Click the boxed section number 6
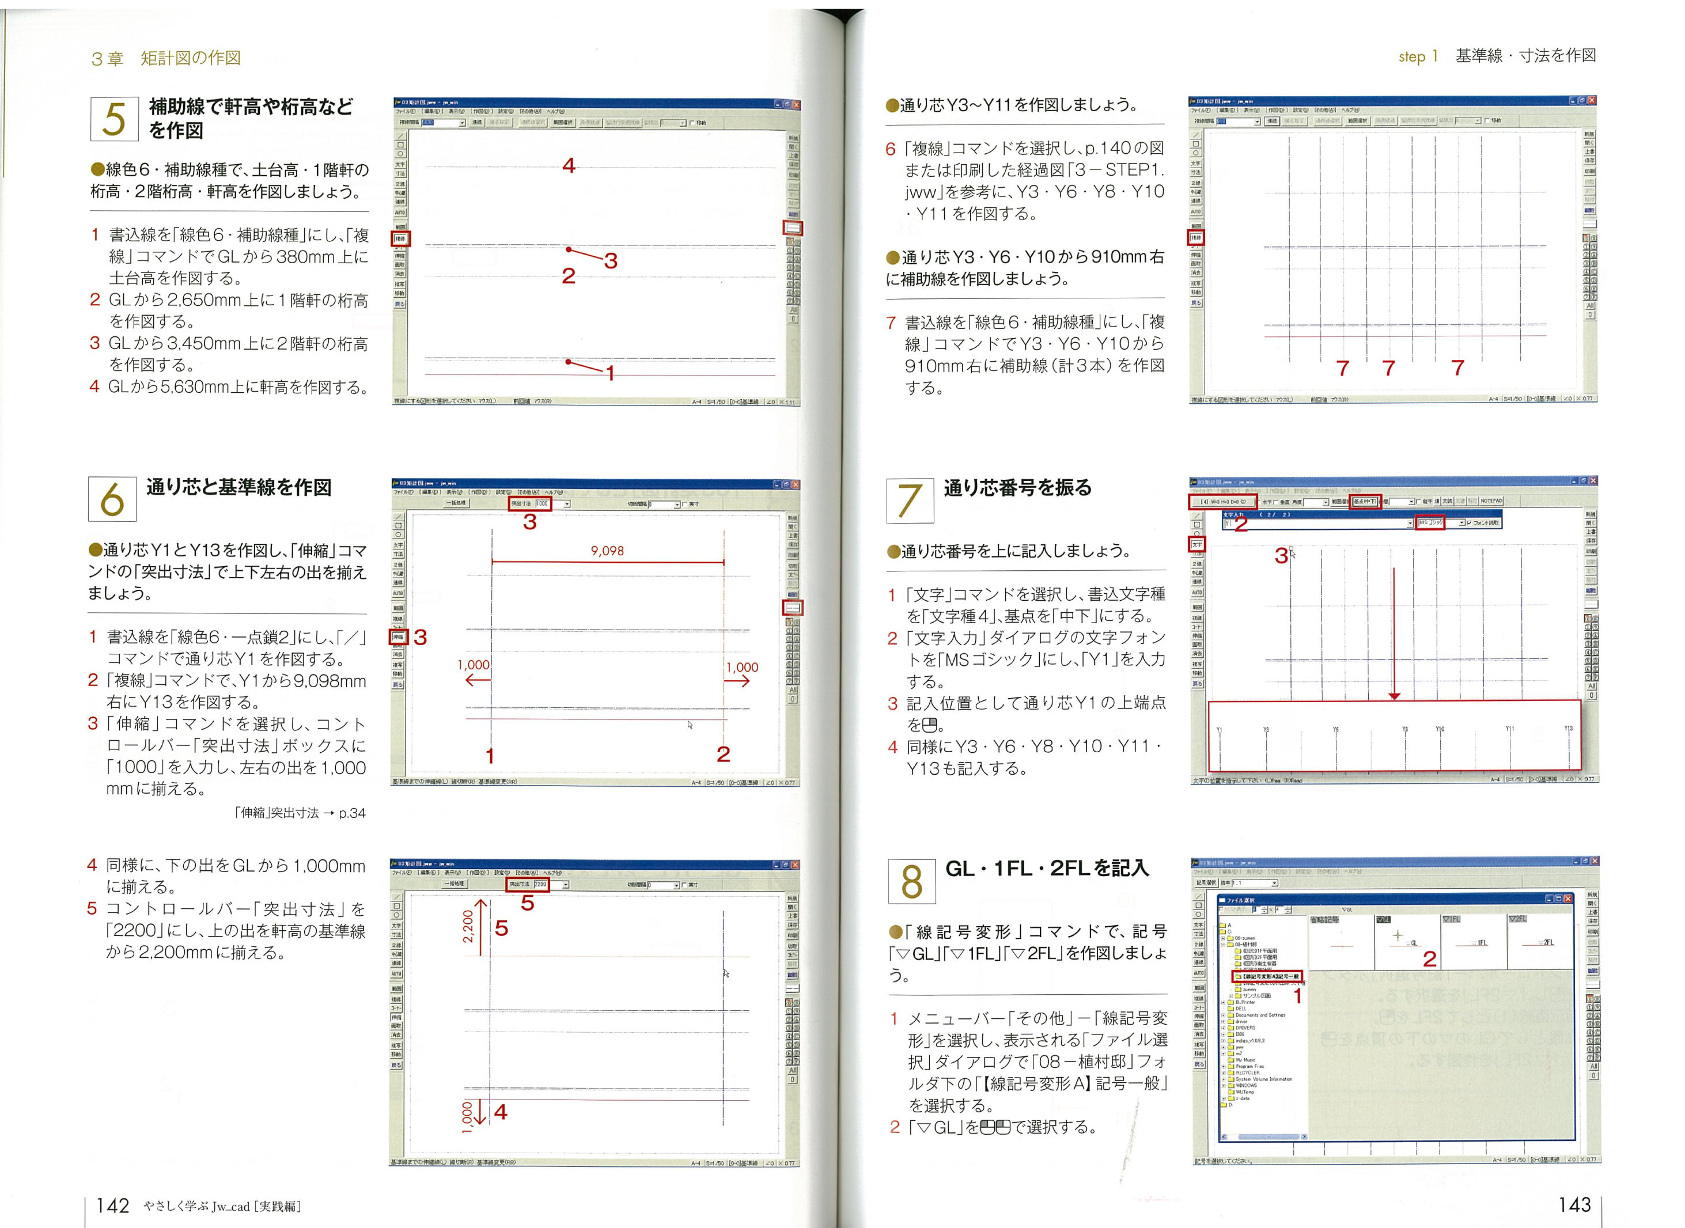[112, 499]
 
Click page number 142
[113, 1205]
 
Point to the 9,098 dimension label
[607, 551]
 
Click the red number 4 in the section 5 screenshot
[569, 166]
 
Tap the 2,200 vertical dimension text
[468, 926]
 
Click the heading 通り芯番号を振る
[1017, 488]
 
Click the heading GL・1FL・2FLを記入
[1047, 867]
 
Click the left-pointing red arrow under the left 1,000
[477, 680]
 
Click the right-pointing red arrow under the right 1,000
[737, 681]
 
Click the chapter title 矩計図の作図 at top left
[191, 58]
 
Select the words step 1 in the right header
[1418, 56]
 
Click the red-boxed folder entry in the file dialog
[1267, 976]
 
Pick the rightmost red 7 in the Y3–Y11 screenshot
[1457, 367]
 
